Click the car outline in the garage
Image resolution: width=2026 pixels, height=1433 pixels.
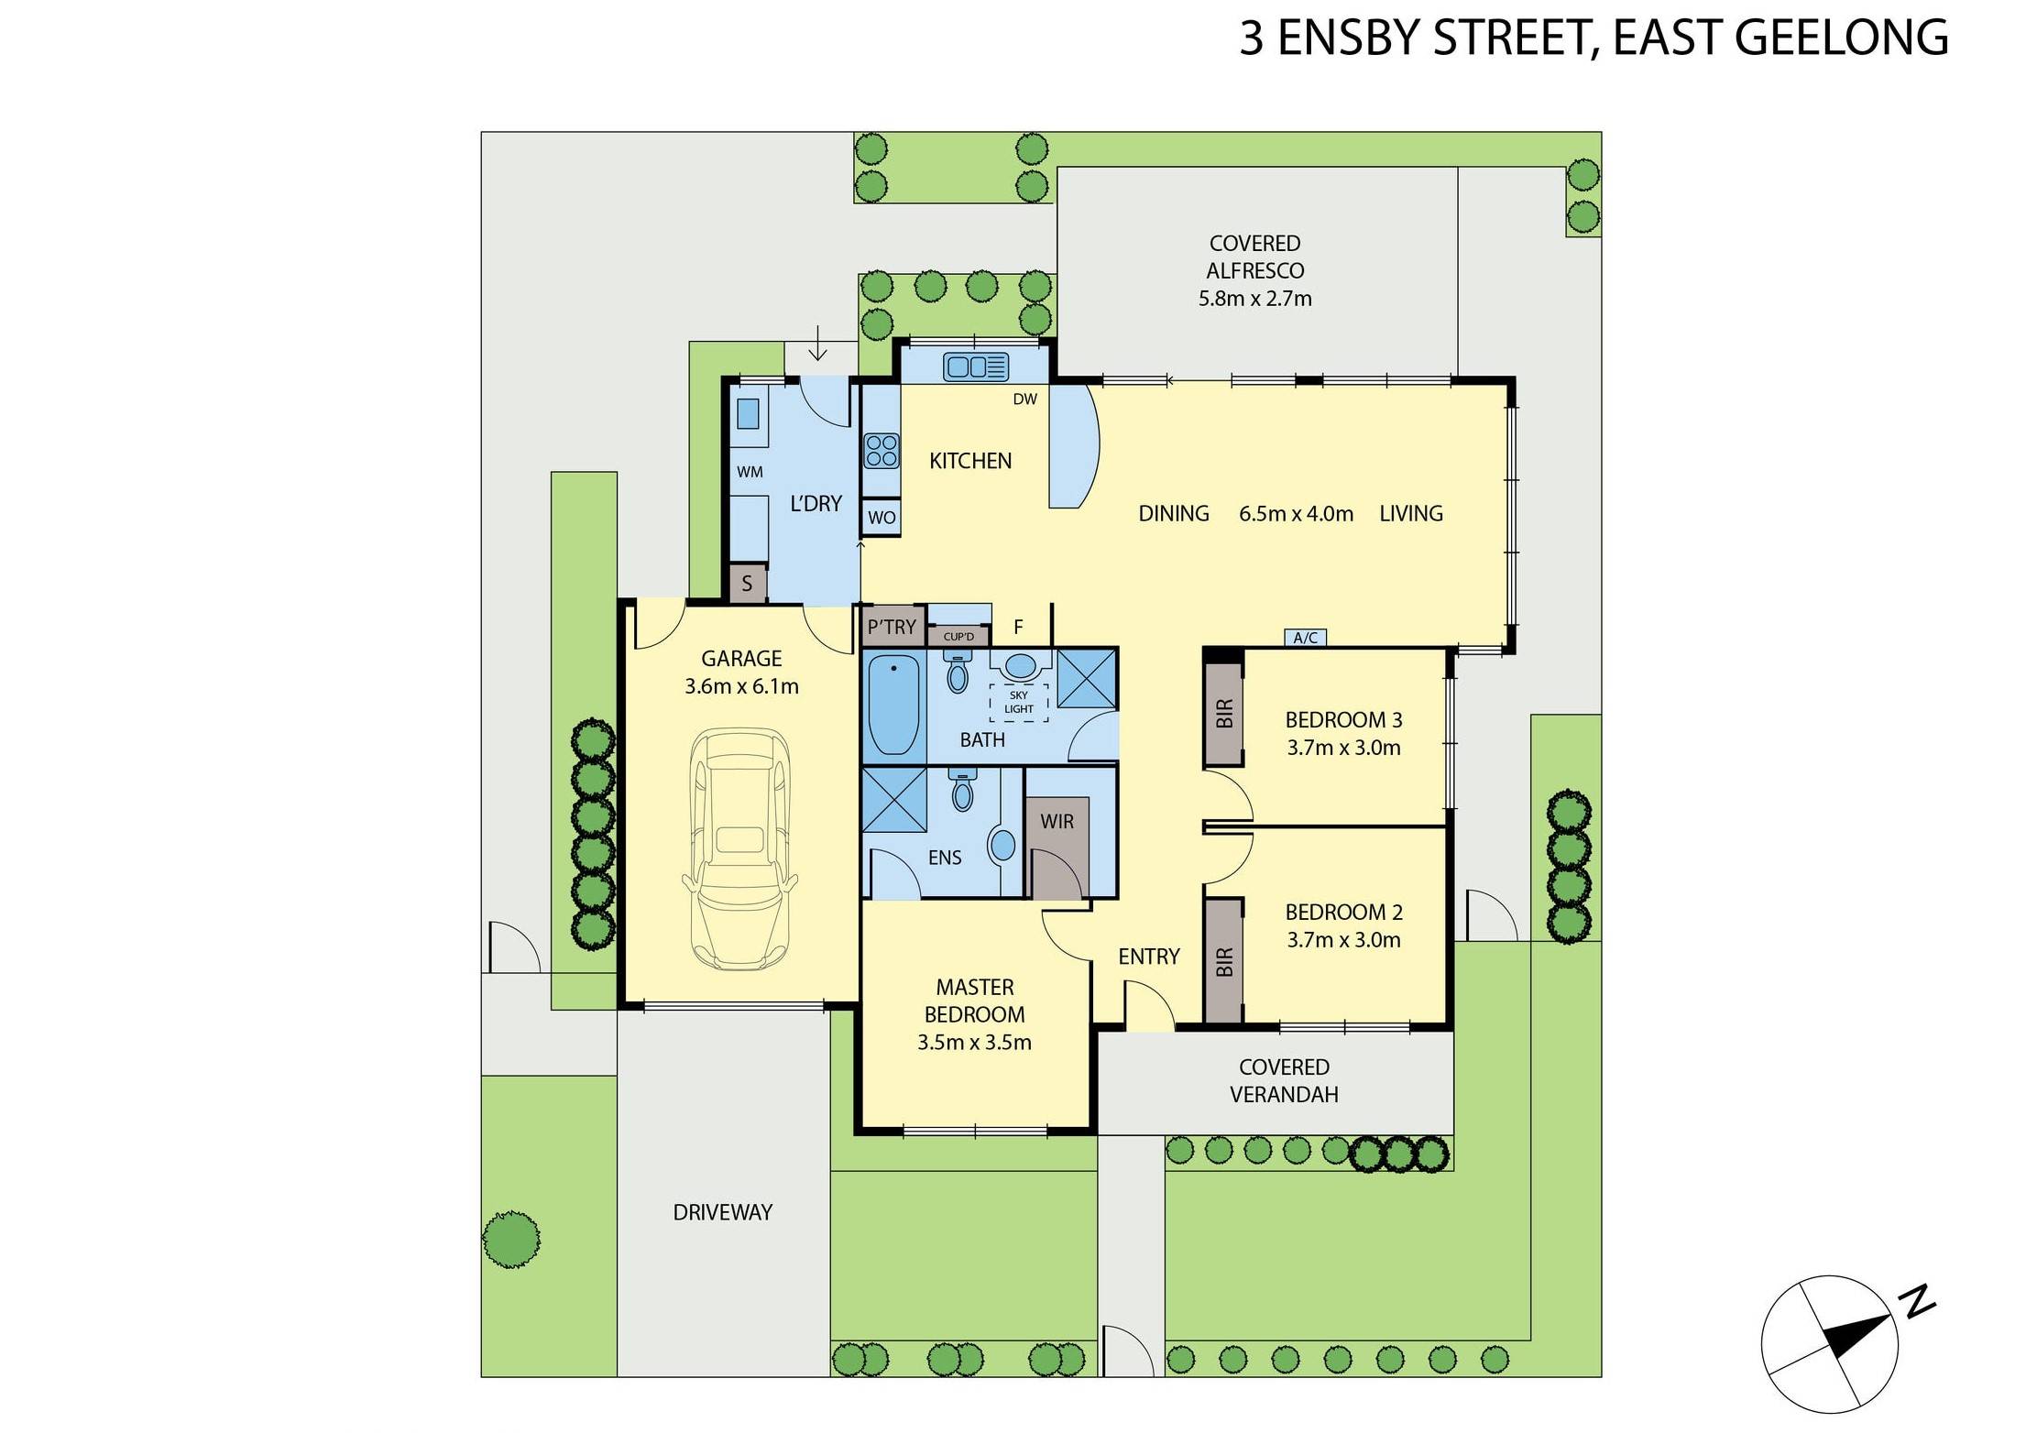(x=739, y=849)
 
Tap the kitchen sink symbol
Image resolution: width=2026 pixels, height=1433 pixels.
(x=976, y=367)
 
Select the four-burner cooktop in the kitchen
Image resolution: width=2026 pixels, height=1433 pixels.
(x=882, y=452)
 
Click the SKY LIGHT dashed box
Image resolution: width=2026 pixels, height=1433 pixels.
(x=1018, y=703)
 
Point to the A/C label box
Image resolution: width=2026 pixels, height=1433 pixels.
(x=1305, y=638)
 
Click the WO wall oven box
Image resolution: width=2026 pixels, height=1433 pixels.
(x=882, y=518)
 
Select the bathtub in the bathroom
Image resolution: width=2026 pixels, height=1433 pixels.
(x=893, y=706)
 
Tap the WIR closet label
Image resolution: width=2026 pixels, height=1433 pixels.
(x=1057, y=822)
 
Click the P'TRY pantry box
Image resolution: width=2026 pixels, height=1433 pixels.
(x=892, y=627)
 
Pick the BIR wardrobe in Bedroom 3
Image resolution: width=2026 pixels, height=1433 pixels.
(x=1224, y=714)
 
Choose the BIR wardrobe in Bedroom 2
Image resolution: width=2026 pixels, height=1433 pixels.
(x=1224, y=961)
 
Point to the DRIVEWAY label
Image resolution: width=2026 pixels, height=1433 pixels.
(x=722, y=1212)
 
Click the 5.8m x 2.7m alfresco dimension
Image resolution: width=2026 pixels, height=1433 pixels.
(x=1254, y=299)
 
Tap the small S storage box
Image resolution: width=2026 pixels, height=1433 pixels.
(x=747, y=584)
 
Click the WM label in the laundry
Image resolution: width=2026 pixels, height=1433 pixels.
(x=750, y=473)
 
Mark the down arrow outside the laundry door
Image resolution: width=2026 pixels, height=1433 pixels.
(x=817, y=349)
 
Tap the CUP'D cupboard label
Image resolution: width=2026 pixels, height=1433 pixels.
(x=958, y=636)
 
